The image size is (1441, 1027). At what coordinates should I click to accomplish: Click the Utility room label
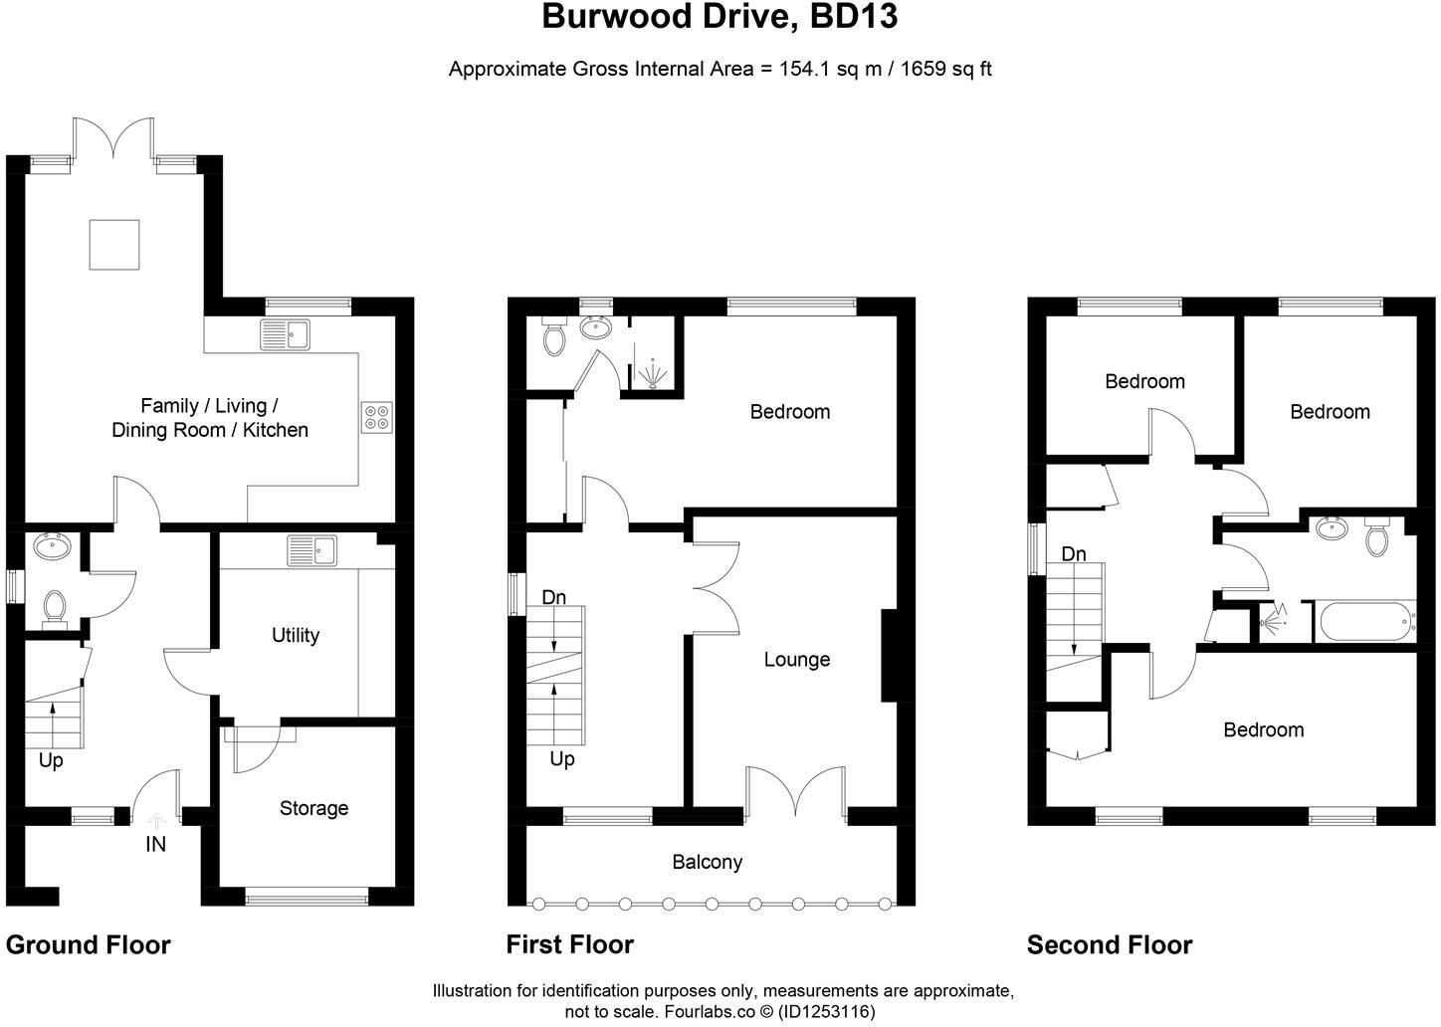pos(296,635)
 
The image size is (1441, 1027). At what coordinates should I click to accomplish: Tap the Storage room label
pos(313,808)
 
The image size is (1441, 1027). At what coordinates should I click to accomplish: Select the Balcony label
pos(707,862)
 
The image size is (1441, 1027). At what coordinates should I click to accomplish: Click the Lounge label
pos(796,660)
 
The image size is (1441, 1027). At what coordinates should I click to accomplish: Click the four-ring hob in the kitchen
pos(377,417)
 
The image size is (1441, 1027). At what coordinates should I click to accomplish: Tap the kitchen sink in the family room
pos(285,334)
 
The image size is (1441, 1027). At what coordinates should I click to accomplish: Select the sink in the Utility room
pos(312,549)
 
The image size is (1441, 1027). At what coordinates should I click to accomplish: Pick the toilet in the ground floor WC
pos(55,607)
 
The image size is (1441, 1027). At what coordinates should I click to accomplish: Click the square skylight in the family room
pos(114,245)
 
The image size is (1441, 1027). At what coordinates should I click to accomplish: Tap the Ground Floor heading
pos(89,944)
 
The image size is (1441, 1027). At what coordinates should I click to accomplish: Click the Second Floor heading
pos(1110,944)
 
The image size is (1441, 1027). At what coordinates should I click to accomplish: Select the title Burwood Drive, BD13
pos(720,17)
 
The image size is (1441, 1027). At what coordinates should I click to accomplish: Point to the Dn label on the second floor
pos(1073,554)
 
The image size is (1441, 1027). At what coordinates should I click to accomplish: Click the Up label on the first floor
pos(562,759)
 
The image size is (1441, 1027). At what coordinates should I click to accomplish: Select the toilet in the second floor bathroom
pos(1377,538)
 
